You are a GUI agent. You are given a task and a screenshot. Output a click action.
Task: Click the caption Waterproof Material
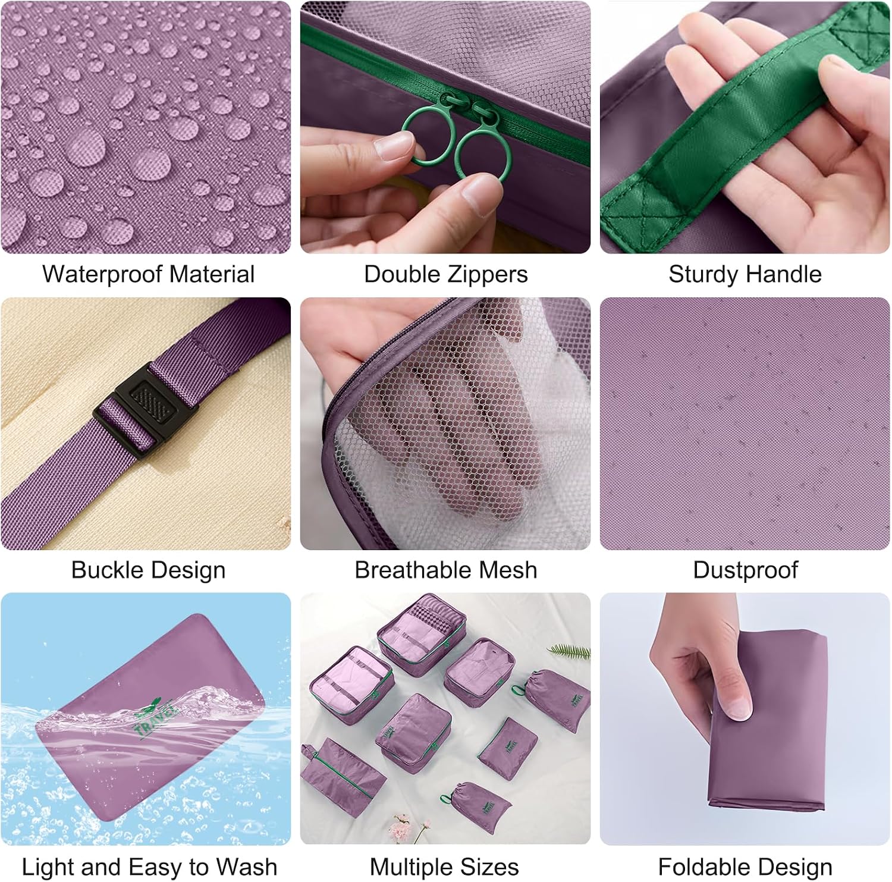point(148,274)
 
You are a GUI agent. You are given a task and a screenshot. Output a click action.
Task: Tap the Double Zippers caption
point(446,274)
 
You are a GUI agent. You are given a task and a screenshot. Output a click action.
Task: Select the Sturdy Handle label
point(745,274)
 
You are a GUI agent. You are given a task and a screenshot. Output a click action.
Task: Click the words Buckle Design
point(148,570)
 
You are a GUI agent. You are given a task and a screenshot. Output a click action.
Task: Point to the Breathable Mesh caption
point(446,570)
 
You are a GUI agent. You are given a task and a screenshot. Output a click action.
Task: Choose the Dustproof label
point(745,570)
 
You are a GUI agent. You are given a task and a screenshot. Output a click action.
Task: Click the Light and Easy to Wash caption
point(149,867)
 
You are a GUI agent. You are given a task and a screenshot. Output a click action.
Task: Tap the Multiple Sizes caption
point(444,867)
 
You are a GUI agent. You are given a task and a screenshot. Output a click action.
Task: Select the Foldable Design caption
point(745,867)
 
